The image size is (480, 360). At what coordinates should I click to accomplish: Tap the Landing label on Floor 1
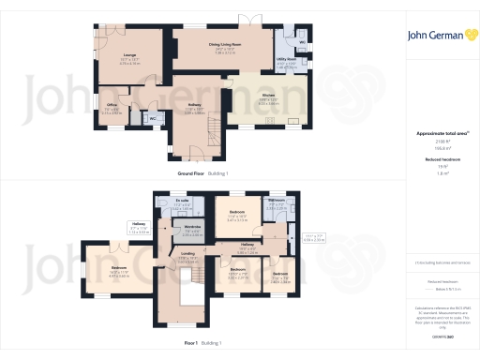[187, 256]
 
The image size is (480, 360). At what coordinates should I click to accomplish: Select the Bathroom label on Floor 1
[277, 202]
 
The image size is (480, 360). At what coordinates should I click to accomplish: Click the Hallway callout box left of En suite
[138, 227]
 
